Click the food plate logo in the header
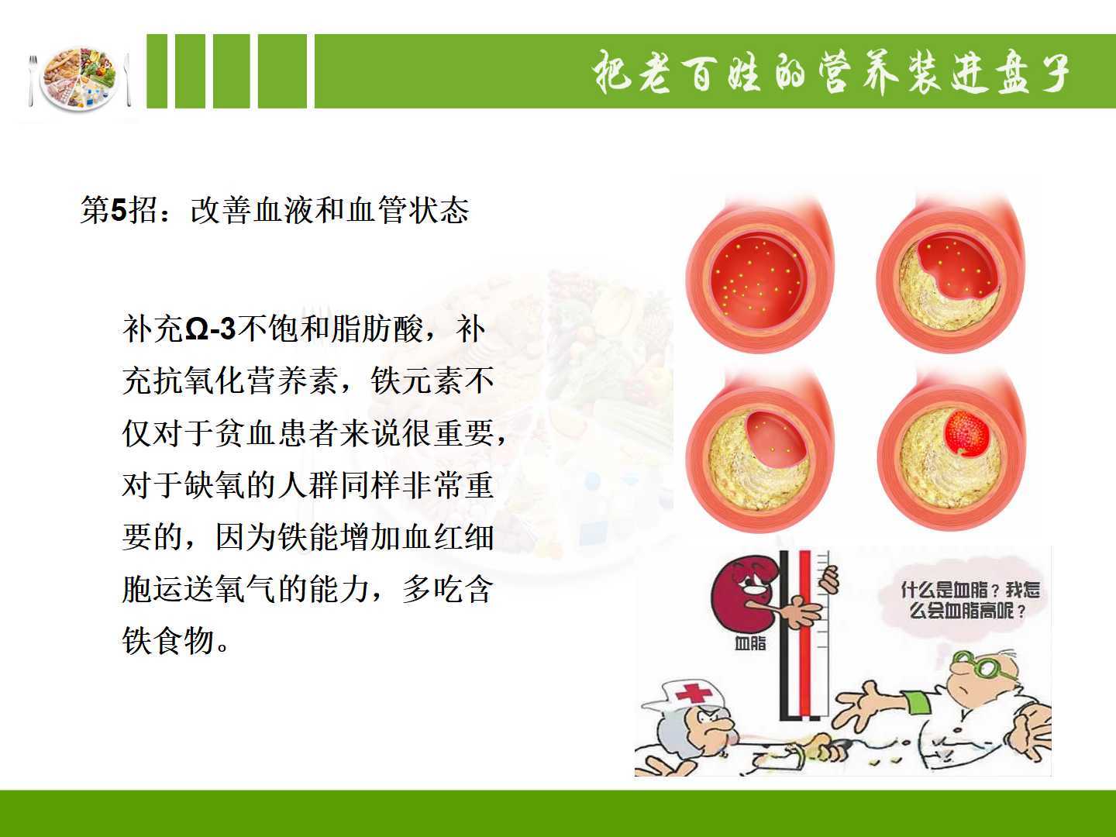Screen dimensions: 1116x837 point(80,79)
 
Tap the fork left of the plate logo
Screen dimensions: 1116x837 point(33,81)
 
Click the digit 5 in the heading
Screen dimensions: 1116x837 point(119,209)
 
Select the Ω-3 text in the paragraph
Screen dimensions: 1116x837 point(211,329)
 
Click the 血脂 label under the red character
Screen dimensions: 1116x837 point(750,643)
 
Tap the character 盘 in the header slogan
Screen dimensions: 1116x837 point(1010,73)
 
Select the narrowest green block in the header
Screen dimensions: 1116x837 point(157,71)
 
